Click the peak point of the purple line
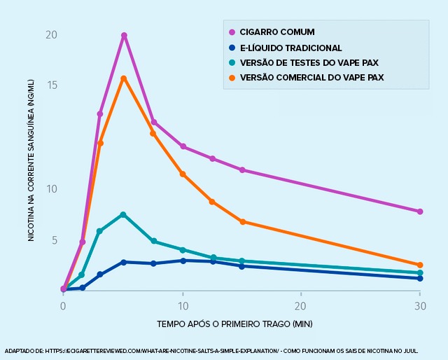coord(124,35)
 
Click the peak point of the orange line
coord(123,78)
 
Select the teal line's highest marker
coord(123,214)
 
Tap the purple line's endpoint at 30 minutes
coord(420,212)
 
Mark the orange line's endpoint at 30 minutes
coord(420,265)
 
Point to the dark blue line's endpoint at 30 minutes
coord(420,278)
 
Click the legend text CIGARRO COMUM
coord(277,32)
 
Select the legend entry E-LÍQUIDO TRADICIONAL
coord(290,48)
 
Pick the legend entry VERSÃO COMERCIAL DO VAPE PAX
coord(311,77)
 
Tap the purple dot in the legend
coord(231,32)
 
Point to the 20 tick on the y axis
coord(51,35)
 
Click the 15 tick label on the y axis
coord(51,85)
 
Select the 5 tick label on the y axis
coord(52,240)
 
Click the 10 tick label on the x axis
coord(183,307)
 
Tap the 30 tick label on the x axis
coord(420,307)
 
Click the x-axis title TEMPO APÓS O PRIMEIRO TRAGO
coord(234,324)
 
